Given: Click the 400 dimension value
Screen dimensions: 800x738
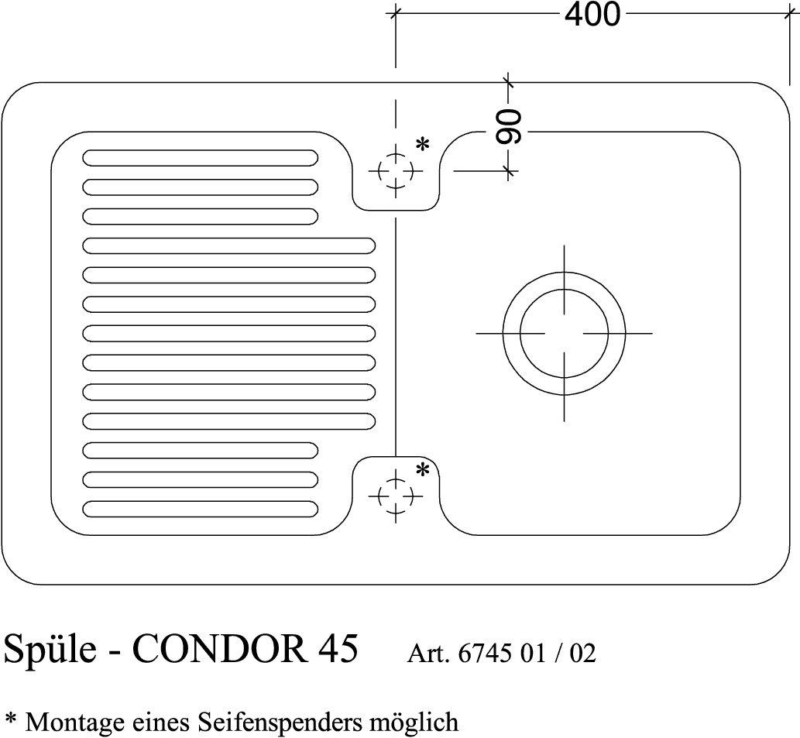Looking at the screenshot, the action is click(x=592, y=14).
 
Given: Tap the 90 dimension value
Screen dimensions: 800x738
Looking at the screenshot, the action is click(x=509, y=126).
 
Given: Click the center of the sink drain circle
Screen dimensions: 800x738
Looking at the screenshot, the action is click(x=564, y=333).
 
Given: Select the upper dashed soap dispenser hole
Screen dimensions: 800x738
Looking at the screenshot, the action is click(x=396, y=171).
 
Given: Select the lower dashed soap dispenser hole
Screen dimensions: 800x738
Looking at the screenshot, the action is click(x=396, y=496).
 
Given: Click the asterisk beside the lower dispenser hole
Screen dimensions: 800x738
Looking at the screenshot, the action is click(x=422, y=470).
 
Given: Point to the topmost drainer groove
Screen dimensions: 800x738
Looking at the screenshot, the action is click(x=200, y=158).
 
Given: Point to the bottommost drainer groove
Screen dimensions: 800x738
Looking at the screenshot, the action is click(x=200, y=509).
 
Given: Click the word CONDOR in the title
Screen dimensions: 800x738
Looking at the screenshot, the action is click(x=220, y=648).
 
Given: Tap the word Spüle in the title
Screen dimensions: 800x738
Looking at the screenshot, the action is click(x=50, y=648).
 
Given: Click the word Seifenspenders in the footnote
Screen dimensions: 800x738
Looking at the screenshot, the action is click(x=280, y=723).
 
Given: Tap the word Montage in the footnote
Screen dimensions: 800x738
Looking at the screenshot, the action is click(x=74, y=723).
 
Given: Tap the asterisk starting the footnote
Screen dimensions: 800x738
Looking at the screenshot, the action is click(x=10, y=719).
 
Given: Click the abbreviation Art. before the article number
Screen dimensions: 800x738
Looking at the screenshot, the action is click(x=428, y=654).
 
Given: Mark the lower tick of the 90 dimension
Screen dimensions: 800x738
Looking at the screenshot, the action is click(x=508, y=171).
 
